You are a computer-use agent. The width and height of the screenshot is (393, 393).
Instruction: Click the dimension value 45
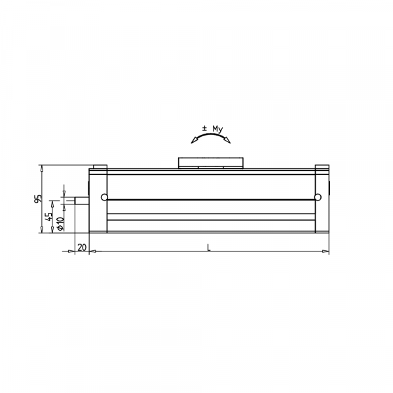(49, 217)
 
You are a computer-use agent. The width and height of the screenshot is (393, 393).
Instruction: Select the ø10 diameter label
(60, 223)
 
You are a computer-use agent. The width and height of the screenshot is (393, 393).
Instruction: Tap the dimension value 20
(82, 247)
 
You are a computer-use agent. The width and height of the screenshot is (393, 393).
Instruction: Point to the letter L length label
(208, 247)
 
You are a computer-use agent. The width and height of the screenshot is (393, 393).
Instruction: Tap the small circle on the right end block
(317, 197)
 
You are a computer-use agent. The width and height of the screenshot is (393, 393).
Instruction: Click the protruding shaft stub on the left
(81, 199)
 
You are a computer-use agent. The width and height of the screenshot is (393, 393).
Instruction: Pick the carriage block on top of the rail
(211, 162)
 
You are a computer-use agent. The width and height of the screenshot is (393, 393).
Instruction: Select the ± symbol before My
(204, 128)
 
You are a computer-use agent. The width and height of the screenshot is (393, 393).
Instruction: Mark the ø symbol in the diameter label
(60, 227)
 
